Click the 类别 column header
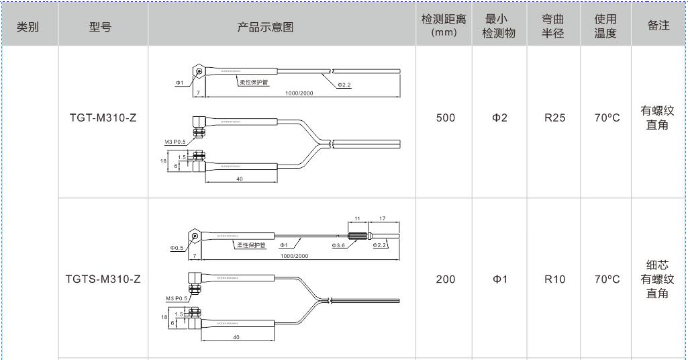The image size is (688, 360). pyautogui.click(x=28, y=27)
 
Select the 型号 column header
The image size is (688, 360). pyautogui.click(x=100, y=27)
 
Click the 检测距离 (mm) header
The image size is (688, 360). pyautogui.click(x=444, y=26)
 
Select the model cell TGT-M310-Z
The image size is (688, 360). pyautogui.click(x=103, y=118)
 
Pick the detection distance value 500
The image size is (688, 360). pyautogui.click(x=446, y=118)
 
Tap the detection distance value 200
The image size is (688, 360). pyautogui.click(x=446, y=279)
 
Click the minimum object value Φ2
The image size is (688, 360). pyautogui.click(x=499, y=118)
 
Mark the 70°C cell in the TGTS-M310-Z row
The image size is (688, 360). pyautogui.click(x=606, y=279)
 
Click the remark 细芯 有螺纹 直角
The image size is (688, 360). pyautogui.click(x=658, y=279)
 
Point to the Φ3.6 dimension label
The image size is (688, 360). pyautogui.click(x=338, y=246)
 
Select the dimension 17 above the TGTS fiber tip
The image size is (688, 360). pyautogui.click(x=383, y=219)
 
